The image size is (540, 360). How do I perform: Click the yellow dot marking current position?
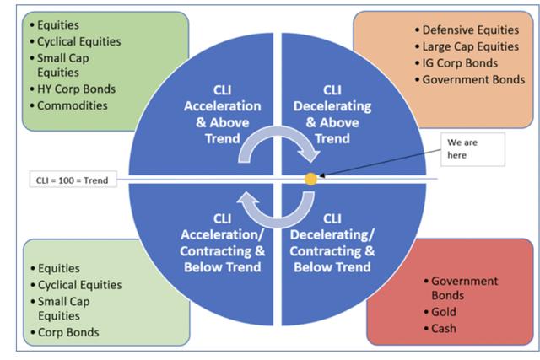point(310,179)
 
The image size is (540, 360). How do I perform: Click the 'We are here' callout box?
point(472,149)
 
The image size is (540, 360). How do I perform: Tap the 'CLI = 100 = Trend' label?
point(73,180)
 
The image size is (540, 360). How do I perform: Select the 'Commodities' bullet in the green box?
point(73,105)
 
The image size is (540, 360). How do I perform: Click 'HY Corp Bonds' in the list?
point(77,89)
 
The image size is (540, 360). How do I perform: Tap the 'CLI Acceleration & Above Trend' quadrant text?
point(223,115)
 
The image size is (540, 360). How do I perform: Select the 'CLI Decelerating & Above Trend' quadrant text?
point(332,115)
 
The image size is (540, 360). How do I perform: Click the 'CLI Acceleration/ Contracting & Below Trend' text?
point(223,243)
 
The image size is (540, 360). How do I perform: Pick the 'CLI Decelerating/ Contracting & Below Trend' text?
point(332,243)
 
